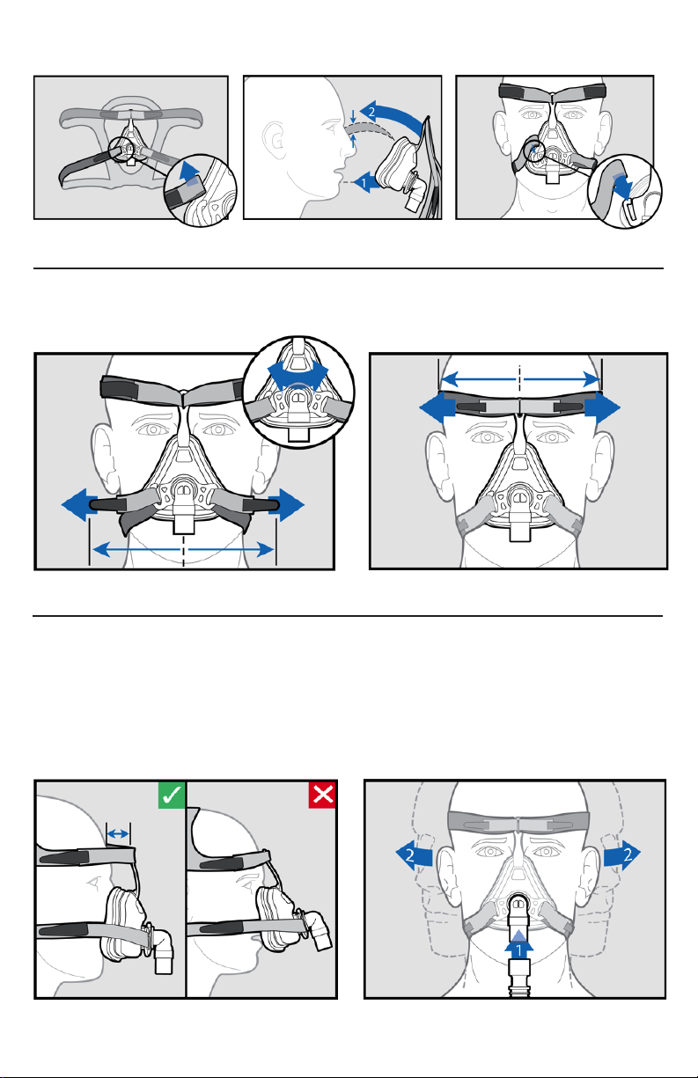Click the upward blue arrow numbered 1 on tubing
coord(519,946)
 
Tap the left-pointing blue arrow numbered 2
coord(415,855)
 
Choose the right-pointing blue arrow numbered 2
coord(622,855)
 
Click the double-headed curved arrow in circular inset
coord(298,372)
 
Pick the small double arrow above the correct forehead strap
coord(118,833)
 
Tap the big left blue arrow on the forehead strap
coord(437,408)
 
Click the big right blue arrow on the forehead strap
coord(603,408)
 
